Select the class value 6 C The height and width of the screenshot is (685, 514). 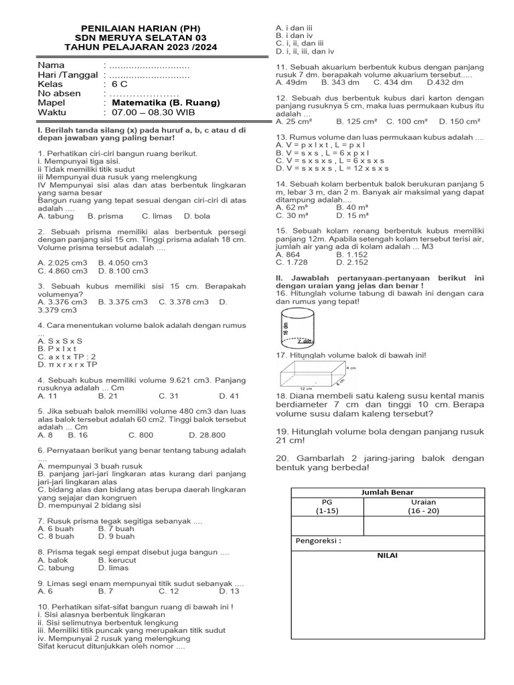(118, 84)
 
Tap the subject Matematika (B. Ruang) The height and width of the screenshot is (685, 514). (165, 103)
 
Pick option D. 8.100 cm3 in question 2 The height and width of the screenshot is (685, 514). (122, 271)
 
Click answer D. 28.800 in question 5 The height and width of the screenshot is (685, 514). (207, 435)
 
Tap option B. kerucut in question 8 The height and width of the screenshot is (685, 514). (117, 560)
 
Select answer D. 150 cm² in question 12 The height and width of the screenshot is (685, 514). (460, 121)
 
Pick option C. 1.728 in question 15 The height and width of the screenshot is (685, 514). (292, 263)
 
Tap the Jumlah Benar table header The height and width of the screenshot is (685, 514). (388, 492)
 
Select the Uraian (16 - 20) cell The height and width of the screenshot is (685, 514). (423, 506)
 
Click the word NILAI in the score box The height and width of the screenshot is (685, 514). (388, 555)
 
